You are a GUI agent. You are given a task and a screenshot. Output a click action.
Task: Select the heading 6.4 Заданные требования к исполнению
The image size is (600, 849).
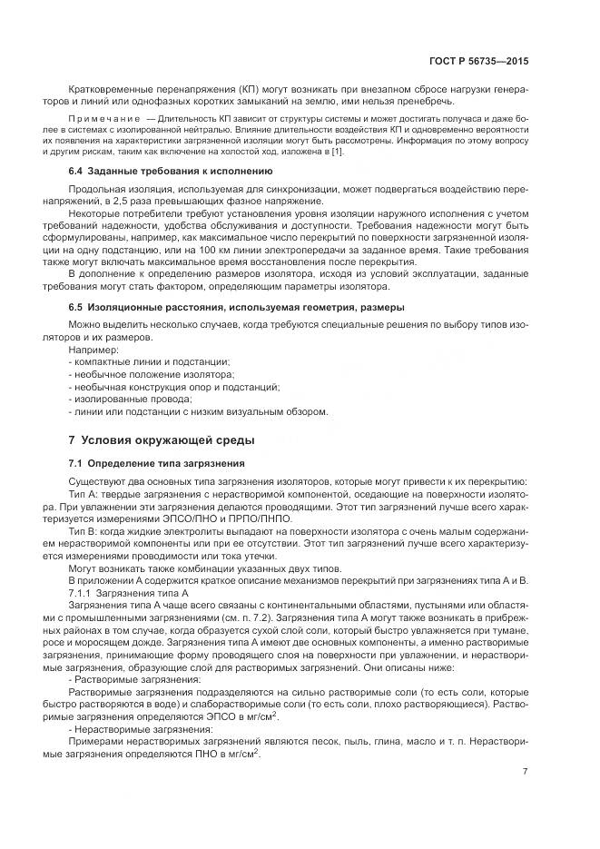171,170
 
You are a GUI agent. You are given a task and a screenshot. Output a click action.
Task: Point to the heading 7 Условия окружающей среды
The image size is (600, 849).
162,440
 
